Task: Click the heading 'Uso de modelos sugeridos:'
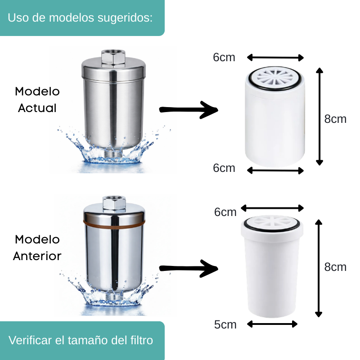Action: click(81, 18)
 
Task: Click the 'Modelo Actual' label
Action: click(37, 99)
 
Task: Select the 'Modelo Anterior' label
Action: click(37, 247)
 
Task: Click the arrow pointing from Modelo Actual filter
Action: click(189, 109)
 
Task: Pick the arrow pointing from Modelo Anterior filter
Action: click(189, 269)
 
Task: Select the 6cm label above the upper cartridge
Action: click(224, 58)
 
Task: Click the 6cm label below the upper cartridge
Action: click(224, 168)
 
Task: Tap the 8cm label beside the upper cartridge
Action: click(335, 119)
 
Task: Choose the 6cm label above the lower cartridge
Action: click(225, 212)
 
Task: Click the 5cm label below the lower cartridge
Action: click(225, 324)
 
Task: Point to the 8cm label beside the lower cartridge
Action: click(335, 267)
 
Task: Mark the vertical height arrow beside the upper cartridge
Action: click(319, 117)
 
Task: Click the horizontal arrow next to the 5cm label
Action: click(273, 324)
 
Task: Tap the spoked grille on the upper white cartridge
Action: click(276, 78)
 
